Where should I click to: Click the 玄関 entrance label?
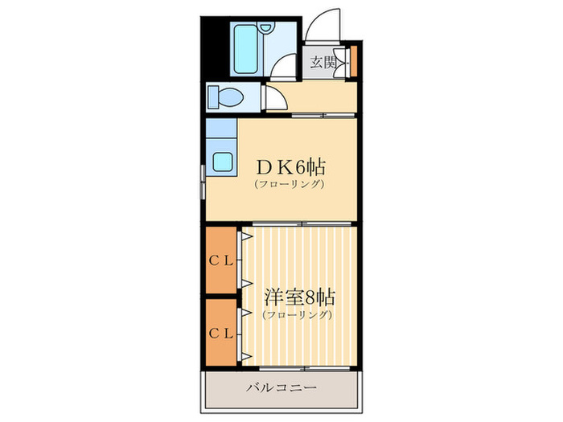(x=323, y=62)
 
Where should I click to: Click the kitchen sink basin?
(x=222, y=162)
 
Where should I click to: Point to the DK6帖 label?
(x=290, y=167)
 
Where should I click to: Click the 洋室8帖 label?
(x=299, y=297)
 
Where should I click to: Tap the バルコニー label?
(x=281, y=387)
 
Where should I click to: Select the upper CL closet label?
(x=221, y=261)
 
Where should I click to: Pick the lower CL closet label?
(x=221, y=334)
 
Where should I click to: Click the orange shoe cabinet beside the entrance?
(x=354, y=61)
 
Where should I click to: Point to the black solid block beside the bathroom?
(x=215, y=48)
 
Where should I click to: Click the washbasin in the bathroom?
(x=265, y=28)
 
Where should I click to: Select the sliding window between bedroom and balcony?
(x=305, y=368)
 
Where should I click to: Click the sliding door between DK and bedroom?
(x=302, y=224)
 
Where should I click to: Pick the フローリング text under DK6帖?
(x=290, y=184)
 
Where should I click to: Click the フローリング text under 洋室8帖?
(x=297, y=315)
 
